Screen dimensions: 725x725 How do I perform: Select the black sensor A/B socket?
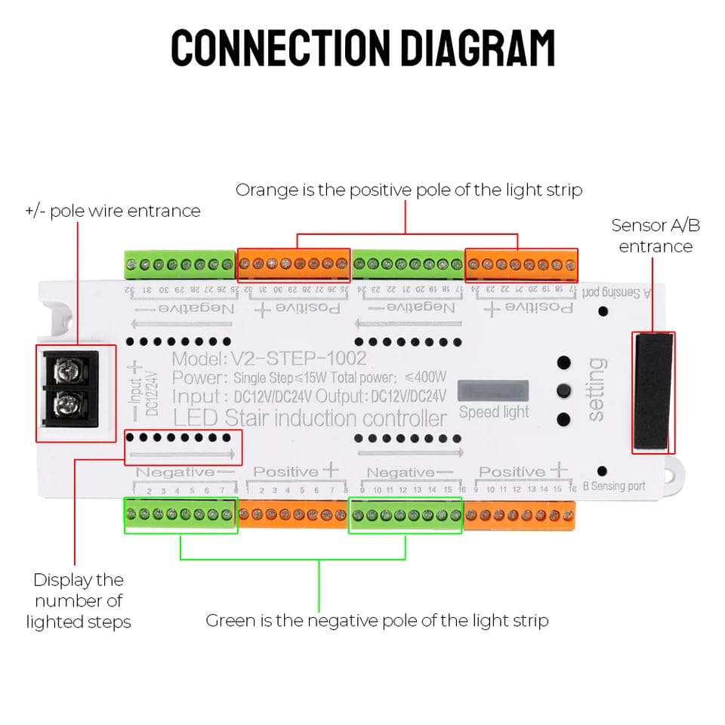point(653,393)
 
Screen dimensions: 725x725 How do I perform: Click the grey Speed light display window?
point(493,390)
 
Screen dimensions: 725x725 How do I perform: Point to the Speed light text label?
point(494,412)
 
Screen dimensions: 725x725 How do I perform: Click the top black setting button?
point(563,362)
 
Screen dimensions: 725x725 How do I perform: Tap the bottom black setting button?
point(563,419)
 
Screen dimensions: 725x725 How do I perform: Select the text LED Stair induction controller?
point(310,418)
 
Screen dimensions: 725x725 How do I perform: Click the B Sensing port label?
point(614,486)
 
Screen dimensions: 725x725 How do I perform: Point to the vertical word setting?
point(596,390)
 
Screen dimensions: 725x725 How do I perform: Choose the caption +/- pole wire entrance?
point(113,211)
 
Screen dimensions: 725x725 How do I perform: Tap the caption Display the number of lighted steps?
point(79,601)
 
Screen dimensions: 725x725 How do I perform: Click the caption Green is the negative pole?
point(377,621)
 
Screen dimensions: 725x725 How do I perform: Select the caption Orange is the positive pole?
point(409,190)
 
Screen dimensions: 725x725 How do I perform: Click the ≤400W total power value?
point(426,377)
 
